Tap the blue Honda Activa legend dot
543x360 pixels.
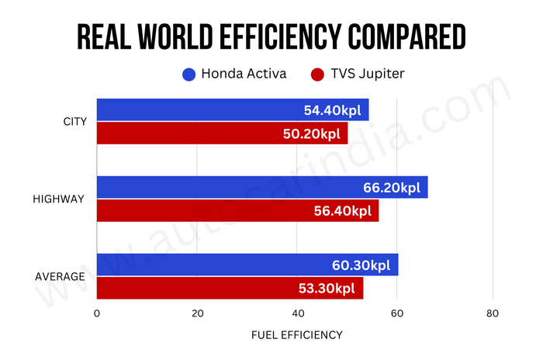[x=188, y=74]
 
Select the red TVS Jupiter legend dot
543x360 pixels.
[x=316, y=74]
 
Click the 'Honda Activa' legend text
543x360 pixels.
[x=244, y=74]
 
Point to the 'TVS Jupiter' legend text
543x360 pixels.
[x=366, y=74]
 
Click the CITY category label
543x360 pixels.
[x=74, y=121]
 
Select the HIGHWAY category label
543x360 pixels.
[x=58, y=199]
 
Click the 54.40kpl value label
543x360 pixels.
[x=334, y=110]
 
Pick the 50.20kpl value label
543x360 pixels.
[x=313, y=133]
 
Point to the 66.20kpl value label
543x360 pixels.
[x=392, y=188]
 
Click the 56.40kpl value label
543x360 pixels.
[x=344, y=210]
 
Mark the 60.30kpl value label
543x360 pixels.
[x=363, y=265]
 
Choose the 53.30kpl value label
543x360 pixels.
[x=327, y=288]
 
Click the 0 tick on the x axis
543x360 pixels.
[x=97, y=313]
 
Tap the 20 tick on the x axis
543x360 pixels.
[x=197, y=313]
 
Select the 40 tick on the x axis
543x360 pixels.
[x=297, y=313]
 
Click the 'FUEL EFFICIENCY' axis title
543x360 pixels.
[x=296, y=335]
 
